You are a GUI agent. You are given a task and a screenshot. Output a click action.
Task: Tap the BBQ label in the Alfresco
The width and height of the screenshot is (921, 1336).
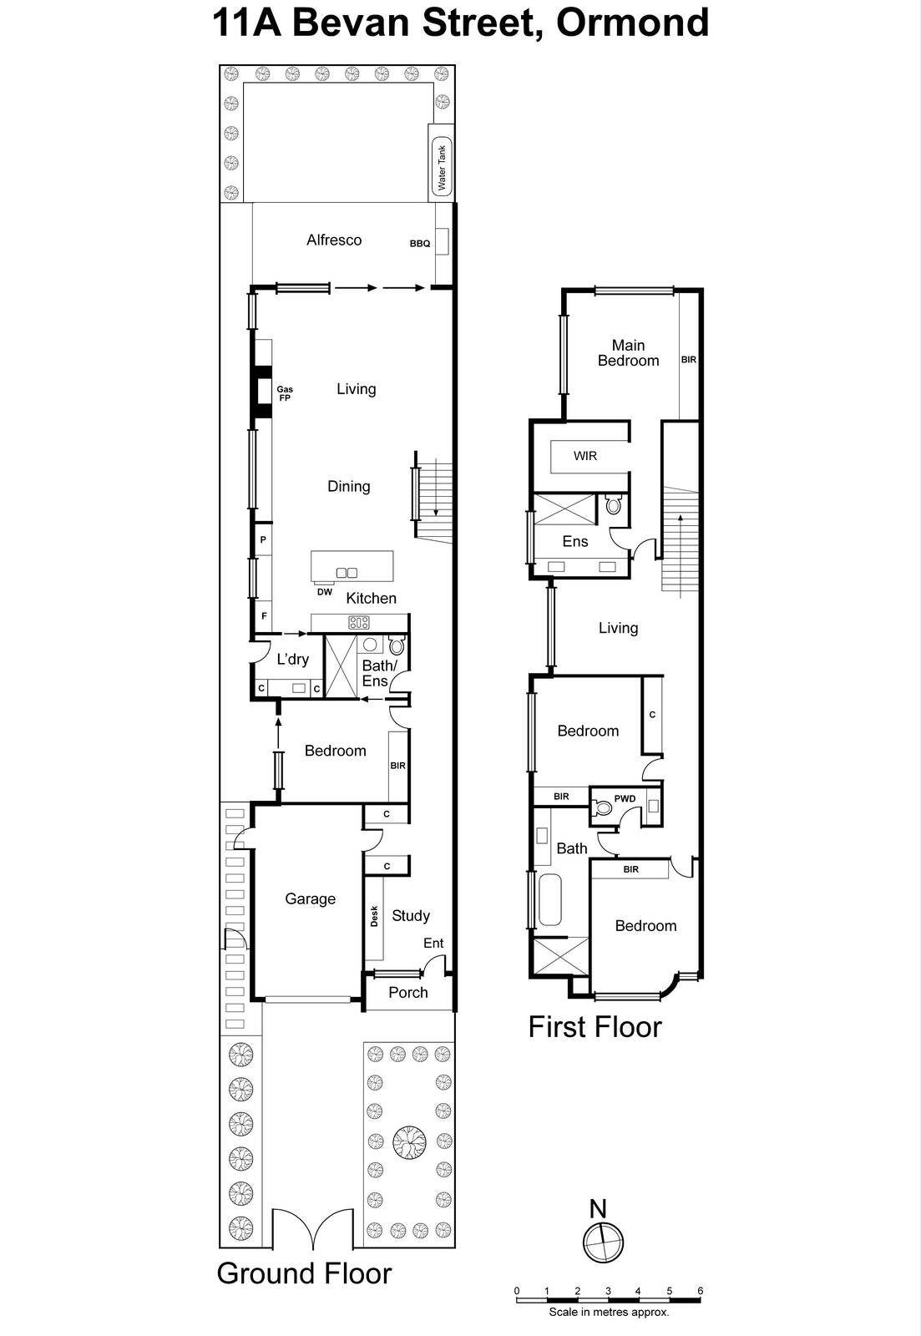click(420, 244)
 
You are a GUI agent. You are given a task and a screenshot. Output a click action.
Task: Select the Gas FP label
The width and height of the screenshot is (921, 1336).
click(285, 393)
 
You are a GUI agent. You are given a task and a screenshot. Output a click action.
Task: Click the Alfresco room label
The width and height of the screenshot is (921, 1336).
click(334, 240)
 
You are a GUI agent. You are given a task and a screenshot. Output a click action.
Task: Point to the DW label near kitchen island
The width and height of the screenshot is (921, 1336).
click(325, 592)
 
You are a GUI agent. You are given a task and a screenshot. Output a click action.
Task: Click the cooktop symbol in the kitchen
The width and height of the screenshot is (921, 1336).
click(359, 622)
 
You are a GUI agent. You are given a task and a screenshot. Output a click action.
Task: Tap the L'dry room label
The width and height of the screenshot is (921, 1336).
click(292, 660)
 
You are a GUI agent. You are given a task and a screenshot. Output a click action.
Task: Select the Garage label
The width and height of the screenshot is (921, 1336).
click(310, 899)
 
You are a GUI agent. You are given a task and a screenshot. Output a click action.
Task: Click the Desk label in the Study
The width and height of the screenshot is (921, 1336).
click(374, 916)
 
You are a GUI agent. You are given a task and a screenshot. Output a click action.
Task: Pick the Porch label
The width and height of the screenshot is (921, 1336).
click(408, 993)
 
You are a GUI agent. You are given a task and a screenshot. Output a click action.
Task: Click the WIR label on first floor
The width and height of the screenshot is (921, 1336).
click(585, 456)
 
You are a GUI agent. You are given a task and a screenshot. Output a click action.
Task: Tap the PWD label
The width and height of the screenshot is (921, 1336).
click(625, 799)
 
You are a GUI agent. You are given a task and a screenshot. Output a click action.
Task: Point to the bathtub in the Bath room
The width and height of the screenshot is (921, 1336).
click(549, 899)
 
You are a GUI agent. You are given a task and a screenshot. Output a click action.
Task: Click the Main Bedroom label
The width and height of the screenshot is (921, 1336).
click(628, 353)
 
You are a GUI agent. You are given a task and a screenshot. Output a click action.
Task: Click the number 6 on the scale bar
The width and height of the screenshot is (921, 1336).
click(700, 1291)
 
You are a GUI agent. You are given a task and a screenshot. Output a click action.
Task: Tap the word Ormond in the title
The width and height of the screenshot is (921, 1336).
click(632, 23)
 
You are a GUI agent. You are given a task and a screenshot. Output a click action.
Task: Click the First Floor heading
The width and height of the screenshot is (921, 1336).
click(595, 1027)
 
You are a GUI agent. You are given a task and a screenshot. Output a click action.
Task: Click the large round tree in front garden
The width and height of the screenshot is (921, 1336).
click(409, 1141)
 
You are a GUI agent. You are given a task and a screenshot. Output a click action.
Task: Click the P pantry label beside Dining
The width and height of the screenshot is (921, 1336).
click(263, 540)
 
